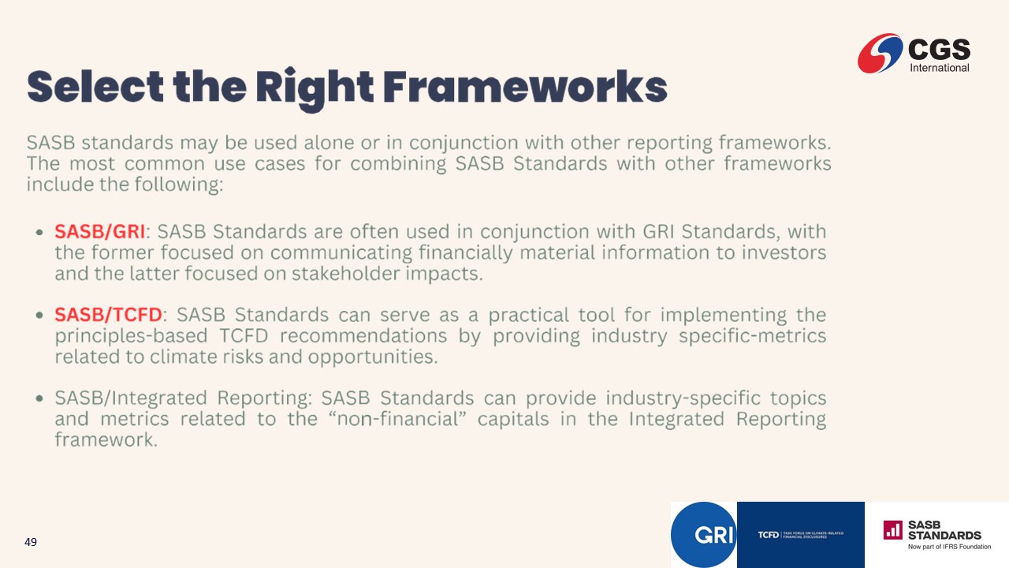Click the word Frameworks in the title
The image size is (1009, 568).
(x=525, y=87)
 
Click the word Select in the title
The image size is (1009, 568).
(x=95, y=87)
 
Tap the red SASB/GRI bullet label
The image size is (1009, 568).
(x=99, y=231)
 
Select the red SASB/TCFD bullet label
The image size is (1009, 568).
(x=108, y=315)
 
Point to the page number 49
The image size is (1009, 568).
(x=31, y=542)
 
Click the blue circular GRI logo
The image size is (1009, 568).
(x=704, y=535)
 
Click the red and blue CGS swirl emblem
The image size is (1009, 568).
(x=880, y=53)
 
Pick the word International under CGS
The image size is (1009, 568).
(x=939, y=68)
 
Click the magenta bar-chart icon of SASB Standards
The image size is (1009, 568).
(x=893, y=530)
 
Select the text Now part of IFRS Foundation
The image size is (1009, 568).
(x=949, y=547)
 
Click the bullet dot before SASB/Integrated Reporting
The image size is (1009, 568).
(x=39, y=398)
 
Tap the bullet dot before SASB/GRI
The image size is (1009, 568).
(x=39, y=233)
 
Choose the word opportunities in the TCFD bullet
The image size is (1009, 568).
(x=373, y=357)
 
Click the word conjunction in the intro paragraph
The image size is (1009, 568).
(x=464, y=144)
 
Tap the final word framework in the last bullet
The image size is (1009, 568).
(x=106, y=440)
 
